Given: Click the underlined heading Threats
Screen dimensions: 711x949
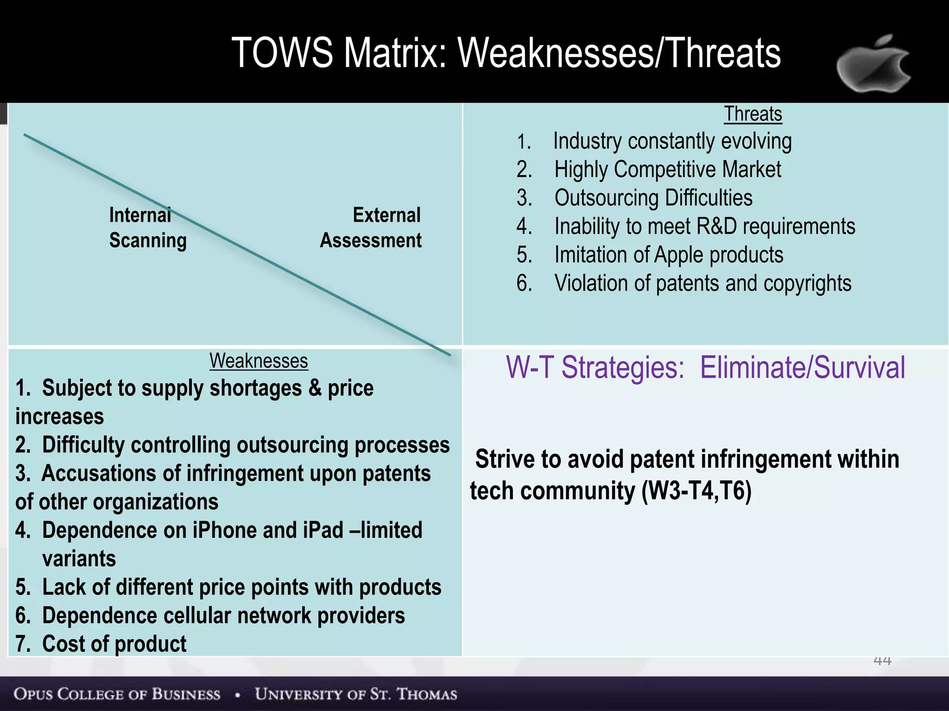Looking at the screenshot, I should pos(753,114).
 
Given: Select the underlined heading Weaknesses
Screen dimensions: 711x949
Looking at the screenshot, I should pos(259,361).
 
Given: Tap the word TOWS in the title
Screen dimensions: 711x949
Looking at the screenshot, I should pos(282,53).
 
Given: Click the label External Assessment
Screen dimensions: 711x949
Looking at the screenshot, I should pos(371,228).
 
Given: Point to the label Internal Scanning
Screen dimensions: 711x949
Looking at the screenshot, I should pos(147,228).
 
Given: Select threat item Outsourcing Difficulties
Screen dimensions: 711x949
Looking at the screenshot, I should pos(653,198).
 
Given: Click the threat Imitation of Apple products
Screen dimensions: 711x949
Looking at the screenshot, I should pos(668,255).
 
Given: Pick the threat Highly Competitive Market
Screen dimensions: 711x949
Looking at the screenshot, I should pos(667,169).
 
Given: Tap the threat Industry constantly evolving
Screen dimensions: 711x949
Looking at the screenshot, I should pos(672,141).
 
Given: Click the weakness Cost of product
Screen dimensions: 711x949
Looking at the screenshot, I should pos(114,644).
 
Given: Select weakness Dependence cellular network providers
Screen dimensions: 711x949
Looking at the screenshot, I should pos(223,616).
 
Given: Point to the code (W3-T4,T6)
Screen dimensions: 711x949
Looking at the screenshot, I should pos(696,491).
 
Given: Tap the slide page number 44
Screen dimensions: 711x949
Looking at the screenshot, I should pos(882,661).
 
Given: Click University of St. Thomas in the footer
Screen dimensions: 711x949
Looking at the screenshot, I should pos(356,694).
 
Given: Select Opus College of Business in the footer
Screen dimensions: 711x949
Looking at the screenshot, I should pos(117,694).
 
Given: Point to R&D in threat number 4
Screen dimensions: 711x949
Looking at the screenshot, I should pos(716,227).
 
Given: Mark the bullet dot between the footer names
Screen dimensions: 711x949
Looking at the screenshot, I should pos(238,695).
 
